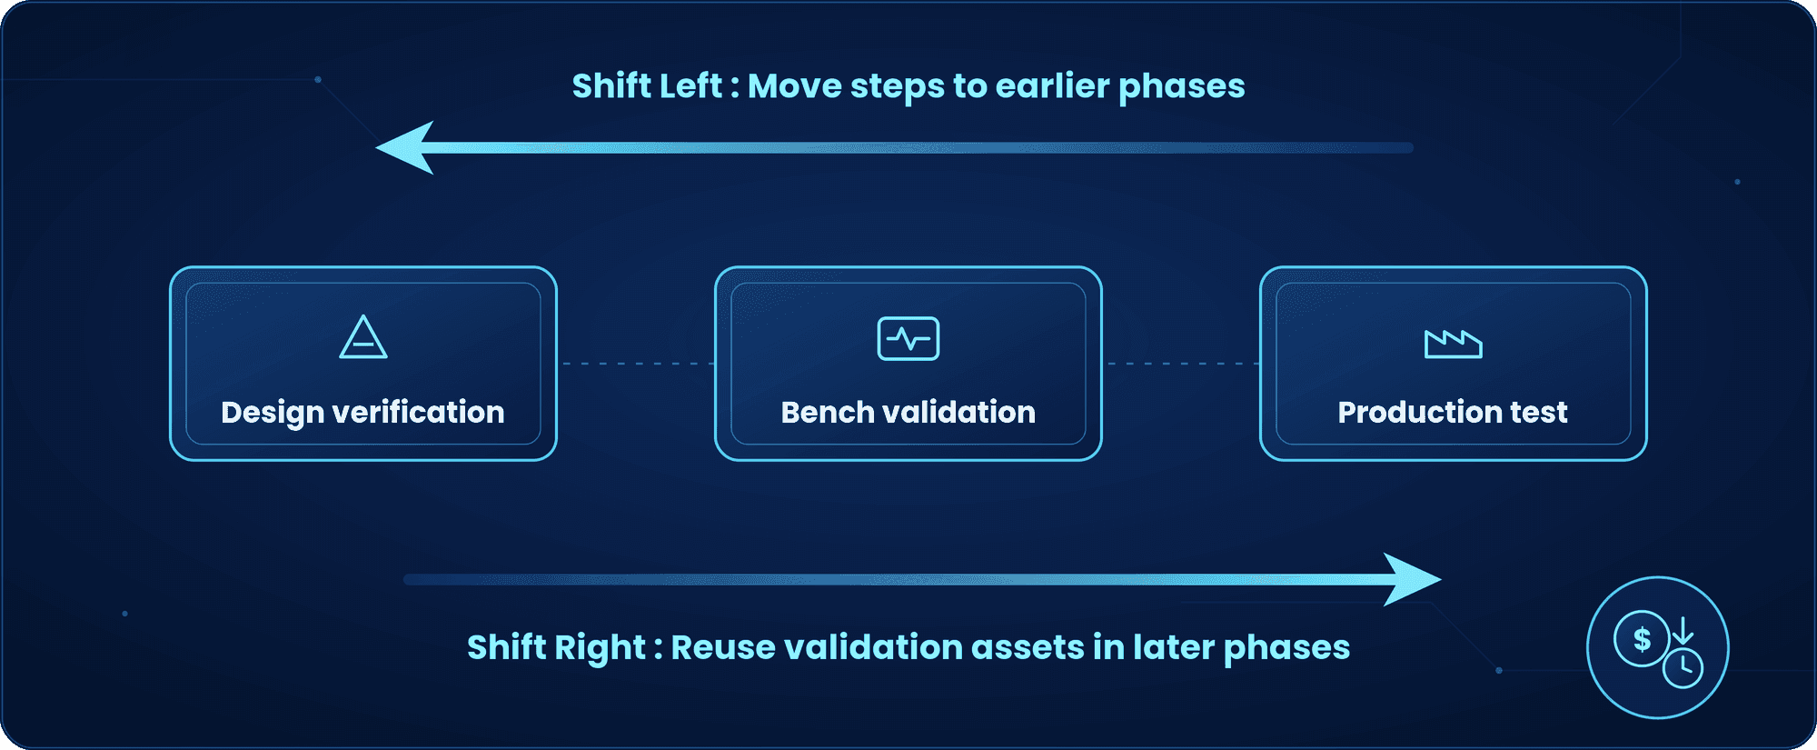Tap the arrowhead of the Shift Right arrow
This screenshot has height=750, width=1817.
click(1412, 579)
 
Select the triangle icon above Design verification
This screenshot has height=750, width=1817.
click(363, 336)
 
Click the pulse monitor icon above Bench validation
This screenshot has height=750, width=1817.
click(908, 338)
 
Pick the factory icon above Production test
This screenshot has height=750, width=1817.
click(1454, 344)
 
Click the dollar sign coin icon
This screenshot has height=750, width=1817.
click(1642, 639)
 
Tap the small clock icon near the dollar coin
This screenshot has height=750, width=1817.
click(1683, 669)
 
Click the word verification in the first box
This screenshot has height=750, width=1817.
click(419, 412)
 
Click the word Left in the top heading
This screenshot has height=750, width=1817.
click(691, 85)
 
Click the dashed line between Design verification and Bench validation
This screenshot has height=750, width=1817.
click(636, 364)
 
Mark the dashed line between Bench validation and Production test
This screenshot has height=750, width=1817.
click(1181, 364)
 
